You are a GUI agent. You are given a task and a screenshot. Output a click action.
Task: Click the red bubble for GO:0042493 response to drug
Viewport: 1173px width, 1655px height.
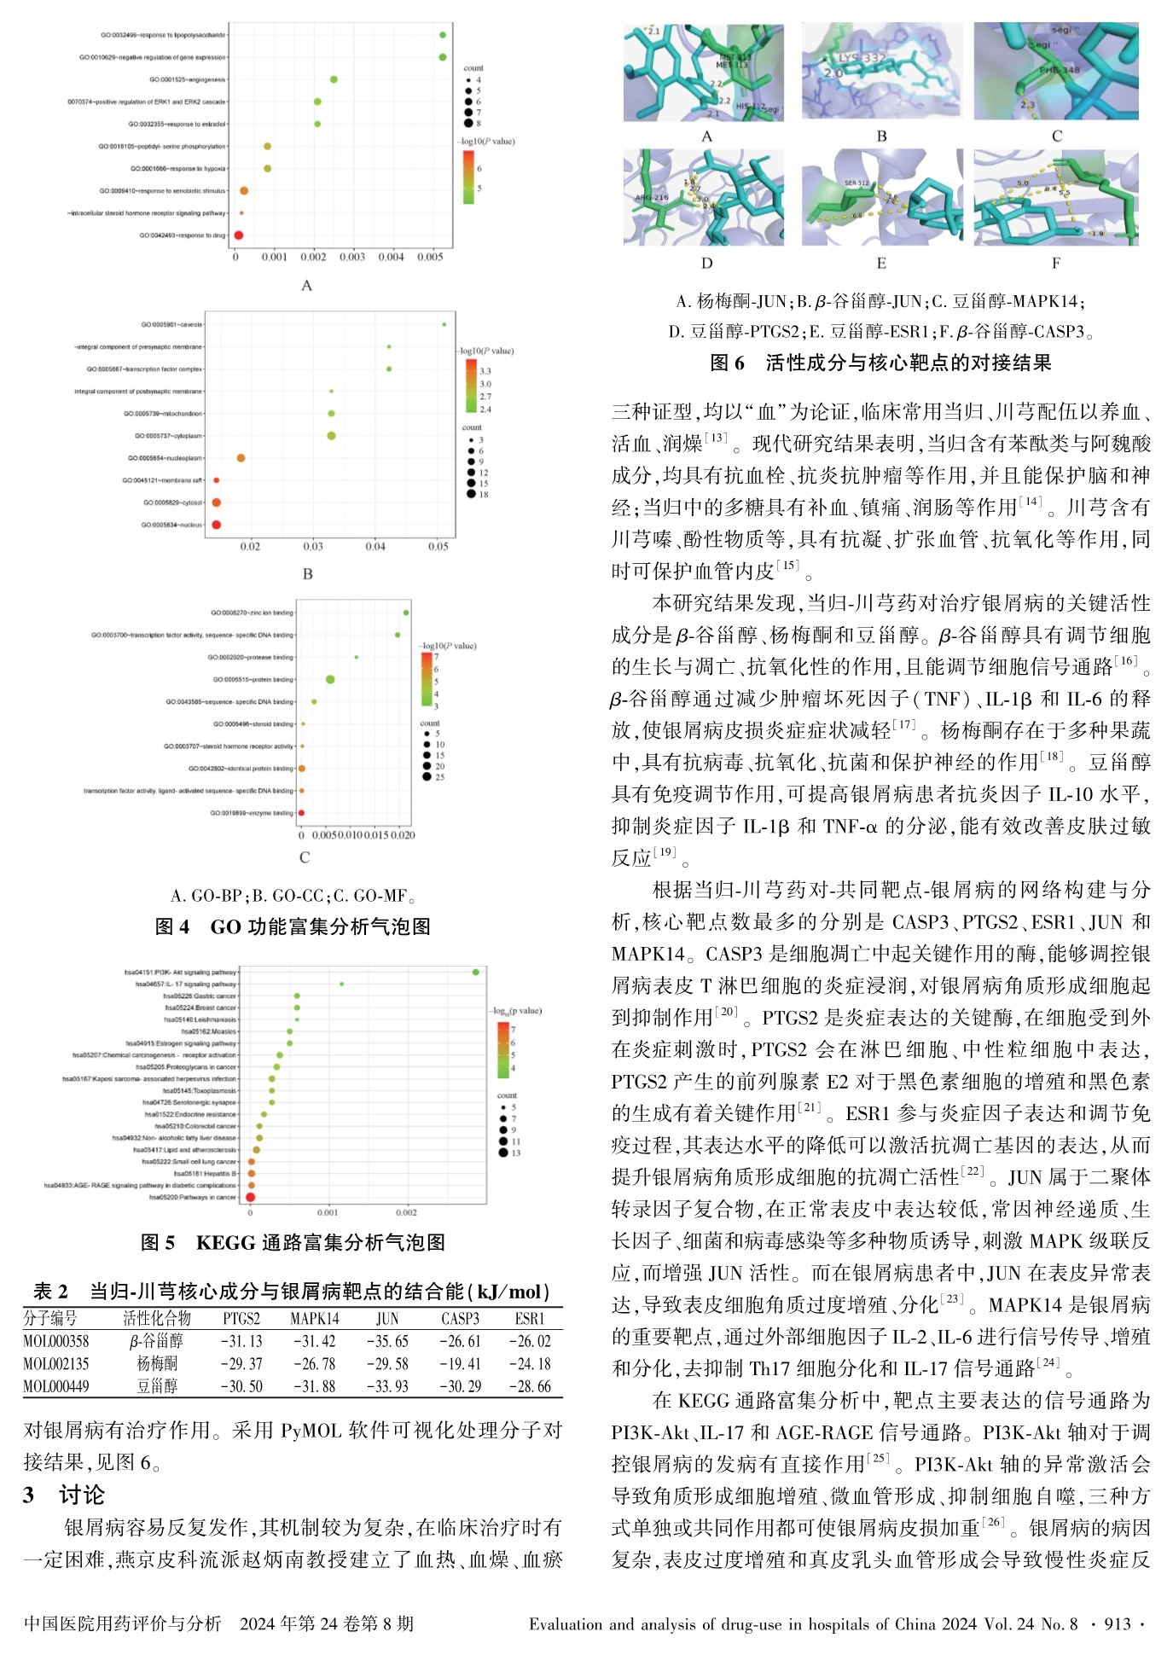[239, 235]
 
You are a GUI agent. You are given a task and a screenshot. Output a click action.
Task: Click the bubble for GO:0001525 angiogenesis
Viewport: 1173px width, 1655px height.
[334, 79]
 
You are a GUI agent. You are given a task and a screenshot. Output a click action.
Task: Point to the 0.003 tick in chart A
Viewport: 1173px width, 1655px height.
[352, 257]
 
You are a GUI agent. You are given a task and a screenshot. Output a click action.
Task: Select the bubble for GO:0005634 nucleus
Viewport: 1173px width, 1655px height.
[216, 525]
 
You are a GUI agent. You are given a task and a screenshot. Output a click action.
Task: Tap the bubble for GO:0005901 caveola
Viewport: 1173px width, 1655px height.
[444, 324]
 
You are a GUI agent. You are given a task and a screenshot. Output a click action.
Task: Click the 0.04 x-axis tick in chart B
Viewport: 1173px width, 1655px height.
[375, 546]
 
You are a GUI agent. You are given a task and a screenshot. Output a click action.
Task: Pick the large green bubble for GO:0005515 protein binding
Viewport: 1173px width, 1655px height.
[330, 679]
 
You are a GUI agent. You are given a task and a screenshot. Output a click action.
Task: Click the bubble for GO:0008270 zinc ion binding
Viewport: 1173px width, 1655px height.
[406, 613]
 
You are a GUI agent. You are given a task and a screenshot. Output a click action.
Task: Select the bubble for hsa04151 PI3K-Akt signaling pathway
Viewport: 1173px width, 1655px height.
[475, 972]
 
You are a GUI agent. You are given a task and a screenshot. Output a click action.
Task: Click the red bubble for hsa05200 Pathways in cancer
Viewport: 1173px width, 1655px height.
[251, 1197]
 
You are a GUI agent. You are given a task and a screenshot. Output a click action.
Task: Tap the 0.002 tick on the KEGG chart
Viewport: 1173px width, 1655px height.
[406, 1212]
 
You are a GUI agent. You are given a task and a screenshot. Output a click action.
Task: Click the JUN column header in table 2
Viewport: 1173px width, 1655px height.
[387, 1318]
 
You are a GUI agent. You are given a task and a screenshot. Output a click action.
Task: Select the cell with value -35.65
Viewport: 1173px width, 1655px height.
[387, 1341]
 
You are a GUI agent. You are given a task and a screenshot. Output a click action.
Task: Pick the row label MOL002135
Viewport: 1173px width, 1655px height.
[56, 1364]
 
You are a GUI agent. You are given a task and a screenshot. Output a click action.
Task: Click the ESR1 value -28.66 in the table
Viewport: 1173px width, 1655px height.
[530, 1386]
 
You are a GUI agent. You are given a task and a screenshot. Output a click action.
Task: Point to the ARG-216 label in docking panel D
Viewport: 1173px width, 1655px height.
[651, 197]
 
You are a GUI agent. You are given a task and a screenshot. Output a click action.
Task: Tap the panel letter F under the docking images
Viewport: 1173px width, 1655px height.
[1056, 264]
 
